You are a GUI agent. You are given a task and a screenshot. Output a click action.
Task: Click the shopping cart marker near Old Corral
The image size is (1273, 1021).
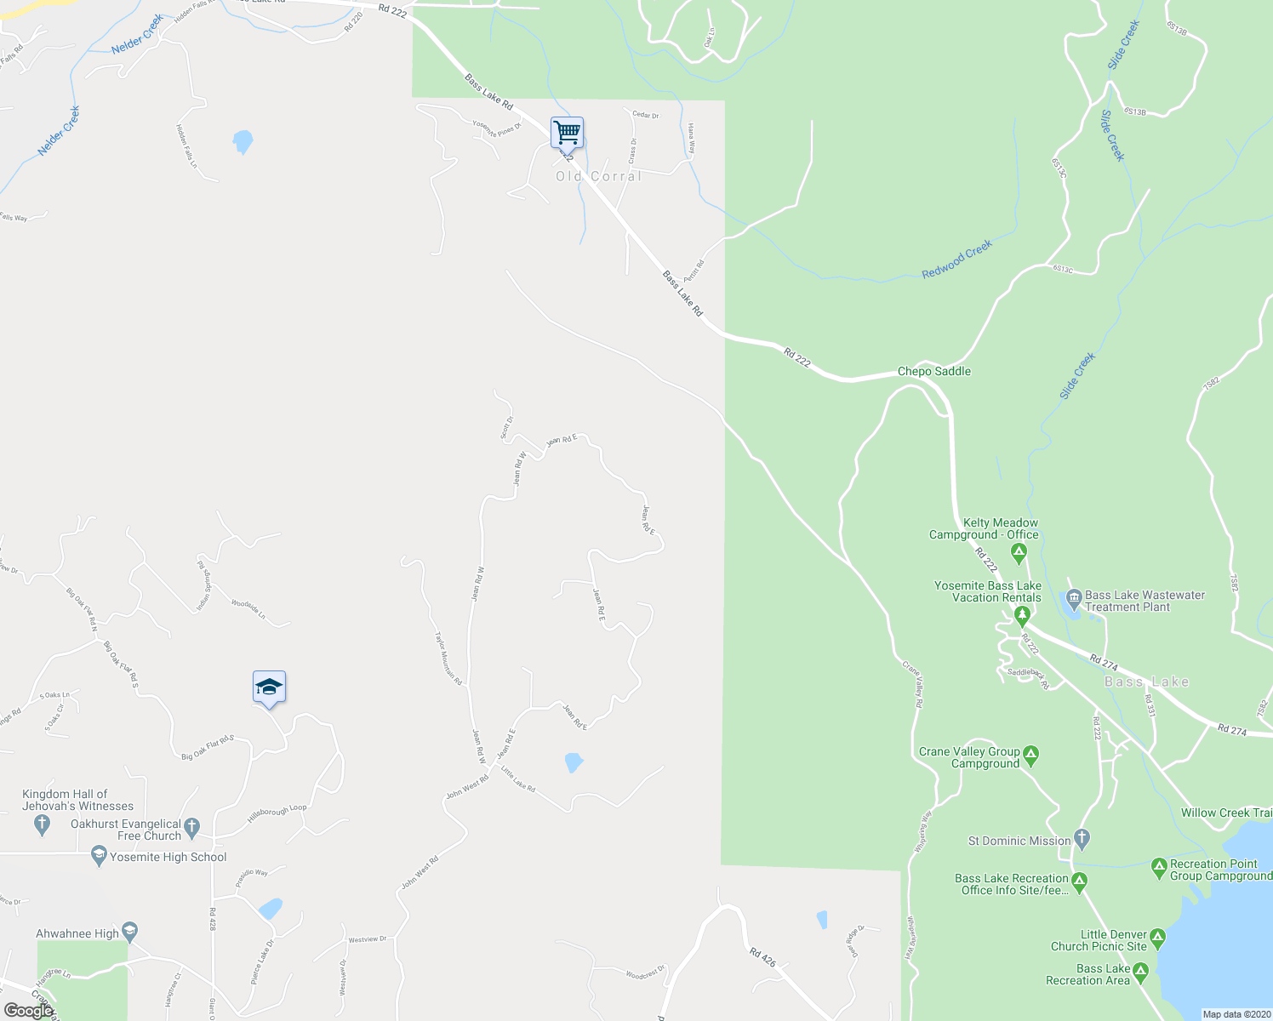(x=567, y=134)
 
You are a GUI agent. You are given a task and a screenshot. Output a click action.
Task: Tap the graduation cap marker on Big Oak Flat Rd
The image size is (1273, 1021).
(x=269, y=687)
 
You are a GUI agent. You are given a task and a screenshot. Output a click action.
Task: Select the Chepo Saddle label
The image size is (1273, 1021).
(x=933, y=372)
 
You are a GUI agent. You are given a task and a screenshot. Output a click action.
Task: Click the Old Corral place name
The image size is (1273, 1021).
(x=598, y=176)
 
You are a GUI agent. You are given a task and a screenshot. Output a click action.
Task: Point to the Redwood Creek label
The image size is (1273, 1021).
(x=957, y=260)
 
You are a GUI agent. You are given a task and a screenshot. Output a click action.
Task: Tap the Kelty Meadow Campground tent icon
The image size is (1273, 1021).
(x=1019, y=554)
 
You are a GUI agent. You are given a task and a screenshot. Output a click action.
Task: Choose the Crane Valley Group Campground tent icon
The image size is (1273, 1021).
(x=1031, y=754)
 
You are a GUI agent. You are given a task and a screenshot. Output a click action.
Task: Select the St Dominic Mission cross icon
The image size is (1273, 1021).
(x=1082, y=839)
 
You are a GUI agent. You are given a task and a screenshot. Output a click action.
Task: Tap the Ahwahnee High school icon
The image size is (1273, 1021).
(x=129, y=933)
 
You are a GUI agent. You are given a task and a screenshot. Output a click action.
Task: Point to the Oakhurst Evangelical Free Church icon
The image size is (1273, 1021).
(x=192, y=825)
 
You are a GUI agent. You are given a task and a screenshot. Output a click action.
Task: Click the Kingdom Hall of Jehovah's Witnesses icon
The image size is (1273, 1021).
(x=42, y=824)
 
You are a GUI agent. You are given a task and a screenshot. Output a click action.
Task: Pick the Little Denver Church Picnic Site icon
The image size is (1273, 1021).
(x=1157, y=938)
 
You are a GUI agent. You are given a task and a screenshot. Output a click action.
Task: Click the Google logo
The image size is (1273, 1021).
(x=29, y=1010)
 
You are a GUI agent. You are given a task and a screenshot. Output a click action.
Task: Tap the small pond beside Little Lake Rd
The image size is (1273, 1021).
(x=574, y=761)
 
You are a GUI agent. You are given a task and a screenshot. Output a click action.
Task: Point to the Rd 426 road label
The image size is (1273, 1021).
(x=762, y=956)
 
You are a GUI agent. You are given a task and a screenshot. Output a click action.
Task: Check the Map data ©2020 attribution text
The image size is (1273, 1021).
(x=1236, y=1014)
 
